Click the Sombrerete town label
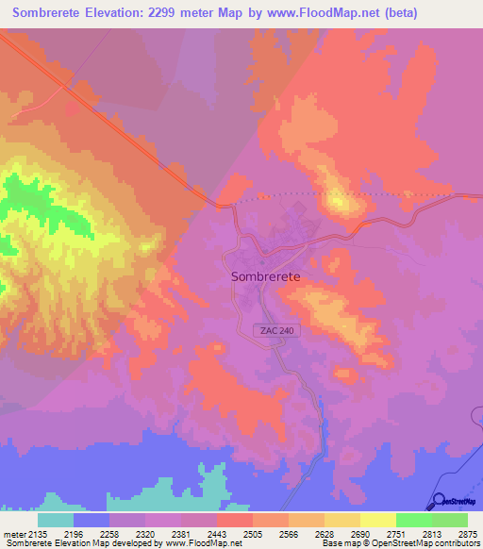click(x=266, y=276)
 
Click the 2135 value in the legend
click(x=37, y=533)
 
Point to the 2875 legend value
click(x=466, y=533)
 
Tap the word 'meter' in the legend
click(x=13, y=533)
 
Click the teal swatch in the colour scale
click(x=55, y=520)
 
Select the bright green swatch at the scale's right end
click(x=449, y=520)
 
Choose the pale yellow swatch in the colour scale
click(x=377, y=520)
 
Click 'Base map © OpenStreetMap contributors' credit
click(x=399, y=543)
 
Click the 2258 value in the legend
click(x=109, y=533)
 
